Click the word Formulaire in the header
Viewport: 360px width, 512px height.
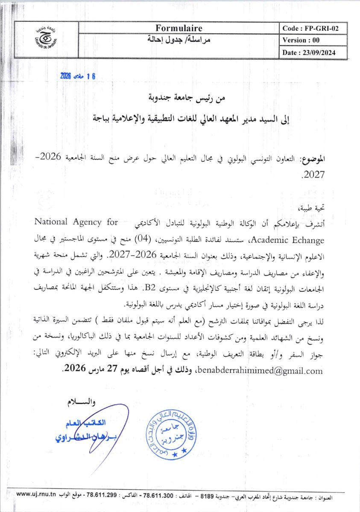click(x=179, y=29)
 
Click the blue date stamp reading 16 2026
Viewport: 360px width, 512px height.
click(x=79, y=76)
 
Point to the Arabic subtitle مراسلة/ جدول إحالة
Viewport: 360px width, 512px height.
click(x=179, y=41)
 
